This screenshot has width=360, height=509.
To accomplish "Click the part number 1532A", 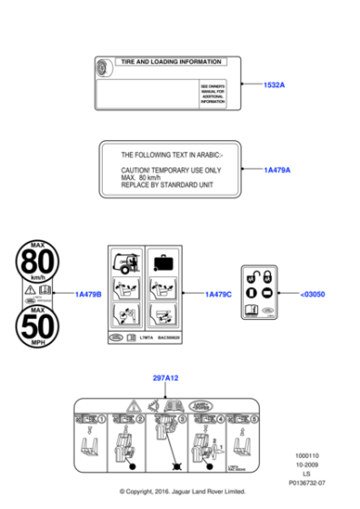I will tap(275, 85).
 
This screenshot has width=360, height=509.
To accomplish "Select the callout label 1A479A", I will tap(277, 170).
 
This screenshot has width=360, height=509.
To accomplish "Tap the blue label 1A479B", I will tap(88, 294).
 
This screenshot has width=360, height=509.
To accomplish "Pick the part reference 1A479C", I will tap(218, 294).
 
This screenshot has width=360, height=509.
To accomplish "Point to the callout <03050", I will tap(312, 294).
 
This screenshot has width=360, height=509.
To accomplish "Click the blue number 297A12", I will tap(165, 376).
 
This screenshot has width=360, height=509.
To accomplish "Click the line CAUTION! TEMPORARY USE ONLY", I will tap(171, 170).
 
